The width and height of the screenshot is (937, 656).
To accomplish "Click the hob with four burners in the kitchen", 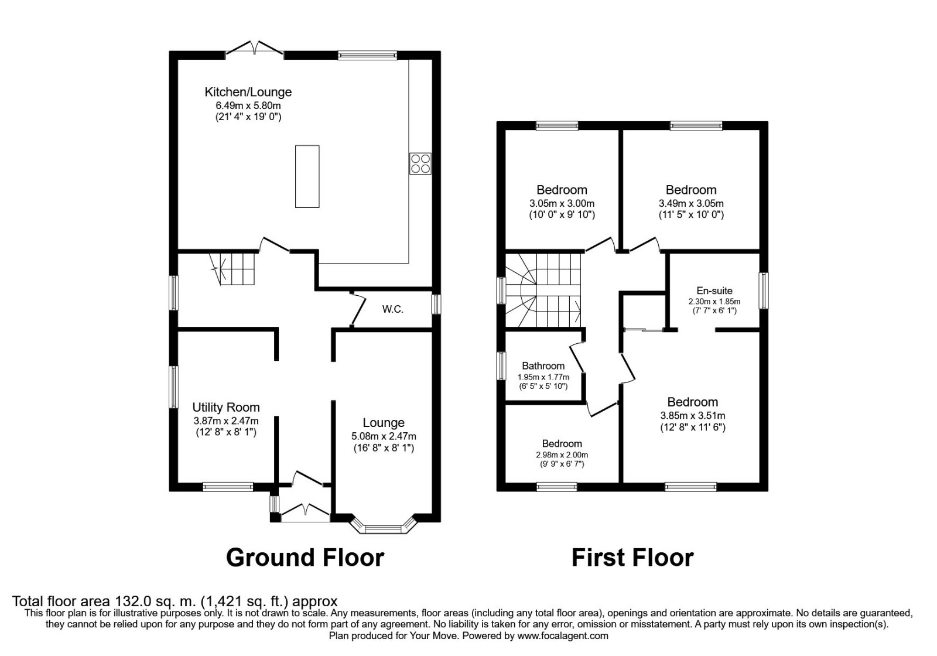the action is click(420, 163).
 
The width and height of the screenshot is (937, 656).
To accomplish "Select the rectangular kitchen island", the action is click(307, 176).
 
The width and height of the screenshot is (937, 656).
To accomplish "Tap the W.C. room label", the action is click(393, 310).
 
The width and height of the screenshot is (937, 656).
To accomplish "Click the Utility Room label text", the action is click(226, 407).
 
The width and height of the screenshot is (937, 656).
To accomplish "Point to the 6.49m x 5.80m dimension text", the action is click(248, 105).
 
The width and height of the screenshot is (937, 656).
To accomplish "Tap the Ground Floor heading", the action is click(305, 558).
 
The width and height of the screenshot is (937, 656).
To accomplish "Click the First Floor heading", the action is click(632, 558).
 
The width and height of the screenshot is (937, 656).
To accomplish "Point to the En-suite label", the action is click(714, 291).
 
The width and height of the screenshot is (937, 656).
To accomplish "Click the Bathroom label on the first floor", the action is click(543, 365).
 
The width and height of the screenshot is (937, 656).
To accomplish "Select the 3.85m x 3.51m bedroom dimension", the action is click(693, 415).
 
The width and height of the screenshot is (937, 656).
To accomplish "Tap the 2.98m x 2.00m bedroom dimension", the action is click(562, 455).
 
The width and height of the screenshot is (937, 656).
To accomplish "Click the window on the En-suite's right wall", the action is click(764, 291).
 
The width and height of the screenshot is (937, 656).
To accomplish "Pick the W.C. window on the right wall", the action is click(436, 304).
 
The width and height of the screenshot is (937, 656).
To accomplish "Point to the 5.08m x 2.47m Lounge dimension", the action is click(384, 436).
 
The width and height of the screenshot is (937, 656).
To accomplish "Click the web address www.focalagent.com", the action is click(563, 636).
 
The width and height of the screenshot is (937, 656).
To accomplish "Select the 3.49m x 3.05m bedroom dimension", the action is click(691, 204).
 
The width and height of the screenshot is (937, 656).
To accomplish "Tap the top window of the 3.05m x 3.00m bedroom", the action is click(557, 125).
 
